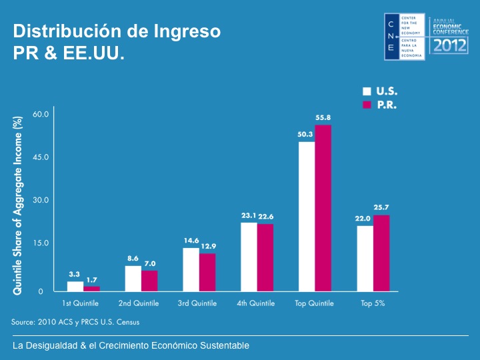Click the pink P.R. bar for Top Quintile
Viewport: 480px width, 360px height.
(x=323, y=208)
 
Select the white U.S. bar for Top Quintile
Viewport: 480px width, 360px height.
(x=307, y=217)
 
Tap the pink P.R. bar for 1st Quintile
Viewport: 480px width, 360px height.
(x=91, y=289)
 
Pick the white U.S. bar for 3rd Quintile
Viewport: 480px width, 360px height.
(x=191, y=270)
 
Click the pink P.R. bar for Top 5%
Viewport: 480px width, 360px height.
(x=381, y=253)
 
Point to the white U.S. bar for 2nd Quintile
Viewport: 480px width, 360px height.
(x=133, y=279)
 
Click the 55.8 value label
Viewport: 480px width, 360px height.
(x=323, y=117)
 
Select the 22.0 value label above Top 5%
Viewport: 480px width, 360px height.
(x=363, y=219)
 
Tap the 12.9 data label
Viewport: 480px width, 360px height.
(x=209, y=246)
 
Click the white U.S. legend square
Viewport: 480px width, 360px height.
(x=367, y=91)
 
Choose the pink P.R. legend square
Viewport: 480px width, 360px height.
(x=367, y=105)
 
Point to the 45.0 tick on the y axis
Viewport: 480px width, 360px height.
(x=41, y=157)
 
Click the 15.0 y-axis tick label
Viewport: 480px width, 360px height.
(x=41, y=243)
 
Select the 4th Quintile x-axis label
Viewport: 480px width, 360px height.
(x=255, y=303)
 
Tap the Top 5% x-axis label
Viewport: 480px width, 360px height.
(x=373, y=303)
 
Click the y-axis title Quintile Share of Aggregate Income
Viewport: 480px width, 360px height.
(x=17, y=206)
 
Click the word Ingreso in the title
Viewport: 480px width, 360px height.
(x=187, y=32)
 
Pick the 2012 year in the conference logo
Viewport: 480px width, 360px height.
(x=450, y=45)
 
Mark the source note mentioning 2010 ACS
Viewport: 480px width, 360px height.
(x=75, y=322)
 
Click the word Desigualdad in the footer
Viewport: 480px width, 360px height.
(x=51, y=345)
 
